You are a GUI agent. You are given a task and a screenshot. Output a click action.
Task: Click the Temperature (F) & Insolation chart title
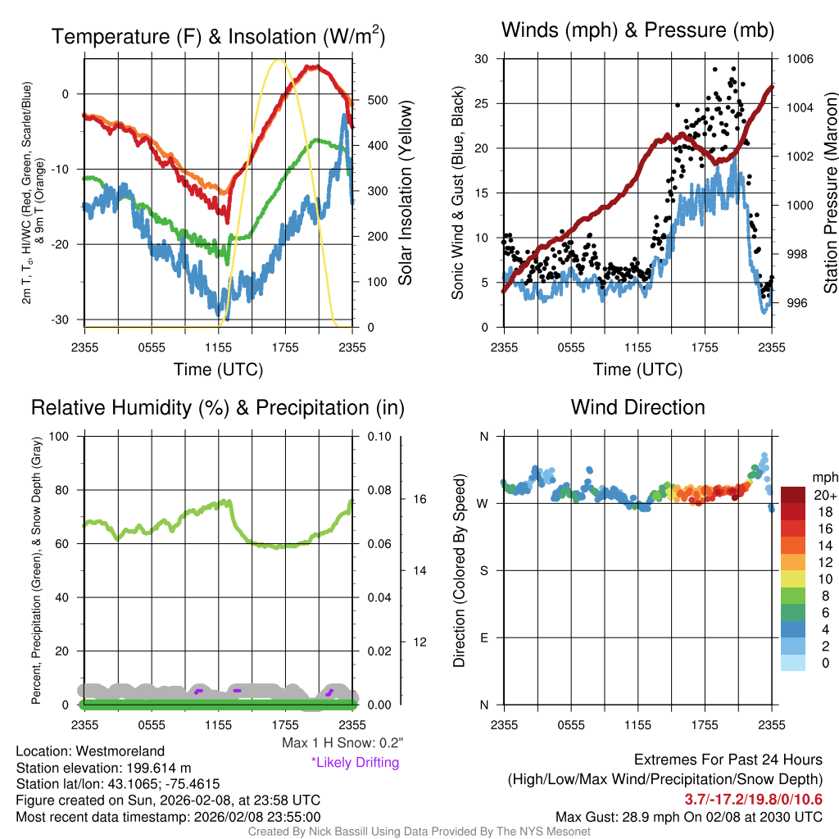pyautogui.click(x=218, y=36)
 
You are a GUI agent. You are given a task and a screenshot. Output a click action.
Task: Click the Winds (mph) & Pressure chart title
pyautogui.click(x=637, y=30)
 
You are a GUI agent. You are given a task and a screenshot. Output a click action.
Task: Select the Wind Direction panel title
pyautogui.click(x=637, y=407)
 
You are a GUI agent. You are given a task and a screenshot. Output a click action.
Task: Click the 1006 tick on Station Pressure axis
pyautogui.click(x=799, y=59)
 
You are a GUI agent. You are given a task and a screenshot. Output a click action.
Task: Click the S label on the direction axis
pyautogui.click(x=483, y=570)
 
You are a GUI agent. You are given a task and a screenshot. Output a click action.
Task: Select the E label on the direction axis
pyautogui.click(x=483, y=637)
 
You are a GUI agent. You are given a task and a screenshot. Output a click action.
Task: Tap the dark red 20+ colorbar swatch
pyautogui.click(x=793, y=495)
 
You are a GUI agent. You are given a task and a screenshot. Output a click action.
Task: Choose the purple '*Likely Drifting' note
pyautogui.click(x=355, y=763)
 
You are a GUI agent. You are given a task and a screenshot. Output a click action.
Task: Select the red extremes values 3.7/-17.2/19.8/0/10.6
pyautogui.click(x=753, y=799)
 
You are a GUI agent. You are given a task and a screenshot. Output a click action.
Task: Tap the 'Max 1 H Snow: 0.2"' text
pyautogui.click(x=342, y=743)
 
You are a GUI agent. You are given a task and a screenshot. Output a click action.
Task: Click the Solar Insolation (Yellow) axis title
pyautogui.click(x=405, y=193)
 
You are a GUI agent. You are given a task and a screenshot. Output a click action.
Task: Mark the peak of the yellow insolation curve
pyautogui.click(x=279, y=60)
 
